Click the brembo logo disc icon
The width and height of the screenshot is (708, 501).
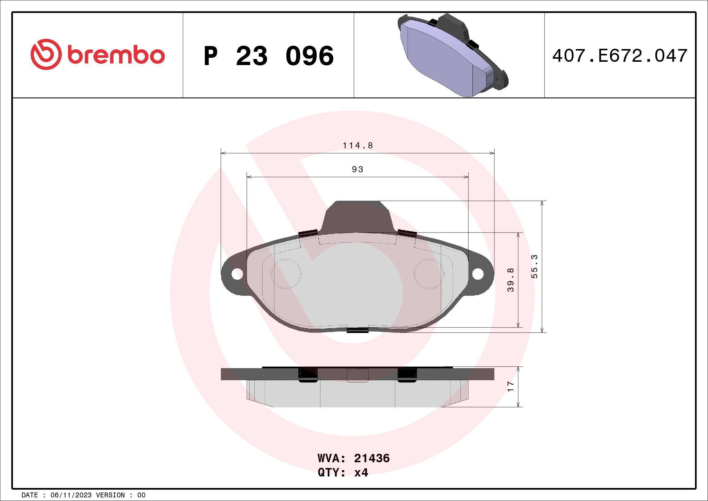click(45, 54)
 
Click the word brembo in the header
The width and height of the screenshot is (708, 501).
click(116, 55)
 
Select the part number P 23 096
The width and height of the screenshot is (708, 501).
click(268, 56)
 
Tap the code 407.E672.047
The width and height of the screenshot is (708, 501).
click(620, 56)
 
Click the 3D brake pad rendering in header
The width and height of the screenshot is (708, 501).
click(452, 55)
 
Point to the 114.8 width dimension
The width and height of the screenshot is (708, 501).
click(358, 145)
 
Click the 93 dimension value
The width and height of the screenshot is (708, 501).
click(358, 169)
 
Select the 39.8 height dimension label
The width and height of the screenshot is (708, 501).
click(511, 280)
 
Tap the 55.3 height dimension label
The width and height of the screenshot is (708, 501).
click(534, 266)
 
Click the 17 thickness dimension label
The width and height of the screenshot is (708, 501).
click(511, 387)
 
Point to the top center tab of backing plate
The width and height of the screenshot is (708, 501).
click(358, 216)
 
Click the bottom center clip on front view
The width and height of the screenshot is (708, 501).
click(358, 330)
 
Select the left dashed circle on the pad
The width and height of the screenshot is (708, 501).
click(286, 274)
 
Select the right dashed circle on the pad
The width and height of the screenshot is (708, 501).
click(429, 274)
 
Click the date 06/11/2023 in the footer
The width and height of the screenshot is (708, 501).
click(71, 495)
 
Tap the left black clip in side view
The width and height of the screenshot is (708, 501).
click(308, 375)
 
